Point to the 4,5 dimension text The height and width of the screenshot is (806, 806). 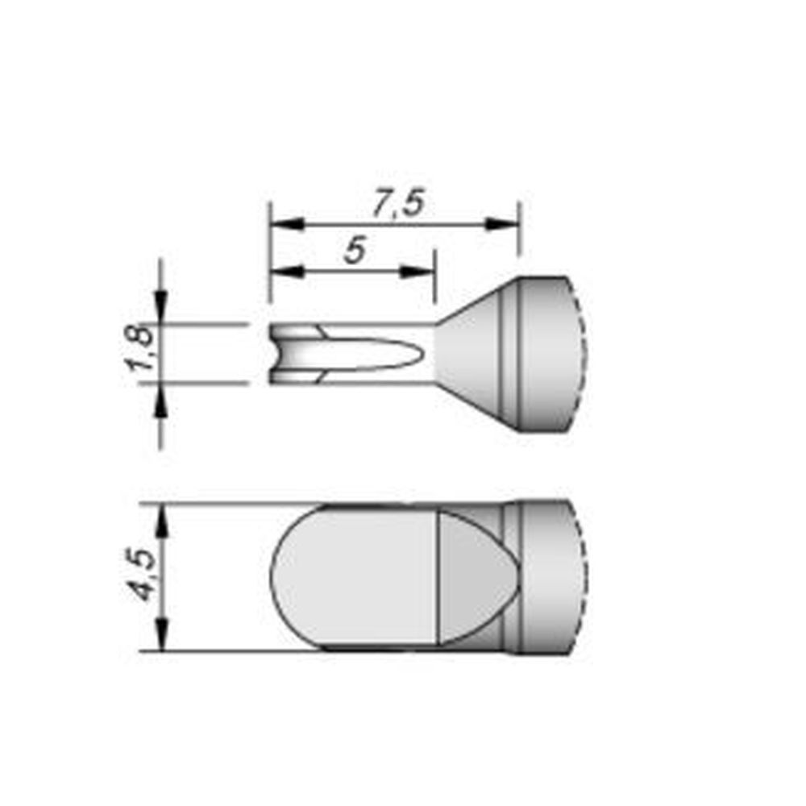click(x=140, y=576)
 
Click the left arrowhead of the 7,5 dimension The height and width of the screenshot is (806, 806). click(x=285, y=223)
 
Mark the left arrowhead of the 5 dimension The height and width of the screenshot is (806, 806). click(x=285, y=272)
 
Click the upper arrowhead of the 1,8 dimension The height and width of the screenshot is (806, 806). click(x=162, y=310)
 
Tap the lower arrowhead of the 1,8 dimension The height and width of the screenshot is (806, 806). click(x=162, y=398)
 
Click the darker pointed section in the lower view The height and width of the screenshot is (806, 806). click(x=472, y=576)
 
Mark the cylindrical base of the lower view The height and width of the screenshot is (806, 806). click(x=548, y=576)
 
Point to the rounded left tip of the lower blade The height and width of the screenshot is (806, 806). click(x=278, y=576)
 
